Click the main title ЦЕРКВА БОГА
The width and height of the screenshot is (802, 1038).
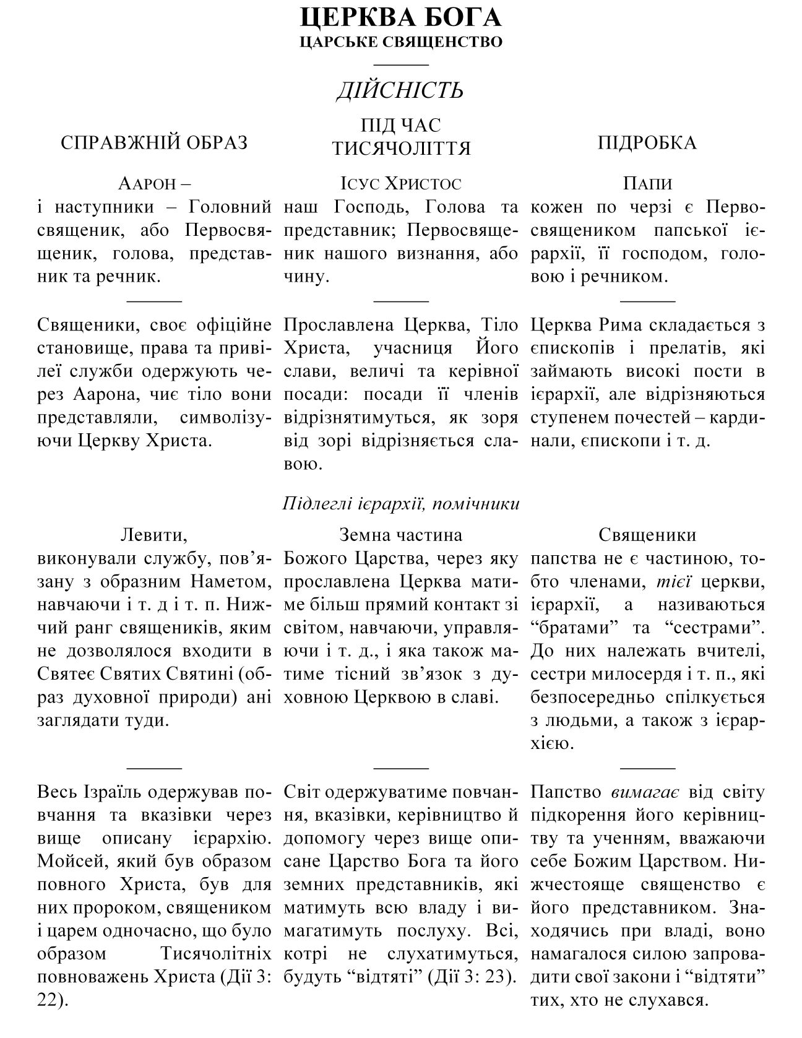coord(400,18)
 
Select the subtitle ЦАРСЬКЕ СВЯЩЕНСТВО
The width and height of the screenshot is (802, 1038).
coord(400,42)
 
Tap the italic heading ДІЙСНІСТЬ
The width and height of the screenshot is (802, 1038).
coord(400,91)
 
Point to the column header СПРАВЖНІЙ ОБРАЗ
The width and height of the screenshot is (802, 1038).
coord(154,143)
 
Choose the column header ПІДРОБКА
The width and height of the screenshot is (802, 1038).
coord(647,143)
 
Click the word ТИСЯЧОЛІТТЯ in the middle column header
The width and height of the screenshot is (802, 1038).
coord(401,149)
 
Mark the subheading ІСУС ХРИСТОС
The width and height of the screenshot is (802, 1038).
coord(400,184)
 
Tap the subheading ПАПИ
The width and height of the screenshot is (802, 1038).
coord(647,184)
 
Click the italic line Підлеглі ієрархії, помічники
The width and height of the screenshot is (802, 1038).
coord(400,503)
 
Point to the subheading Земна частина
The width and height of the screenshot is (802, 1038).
coord(400,535)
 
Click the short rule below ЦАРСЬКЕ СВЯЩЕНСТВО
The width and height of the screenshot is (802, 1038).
coord(401,64)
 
